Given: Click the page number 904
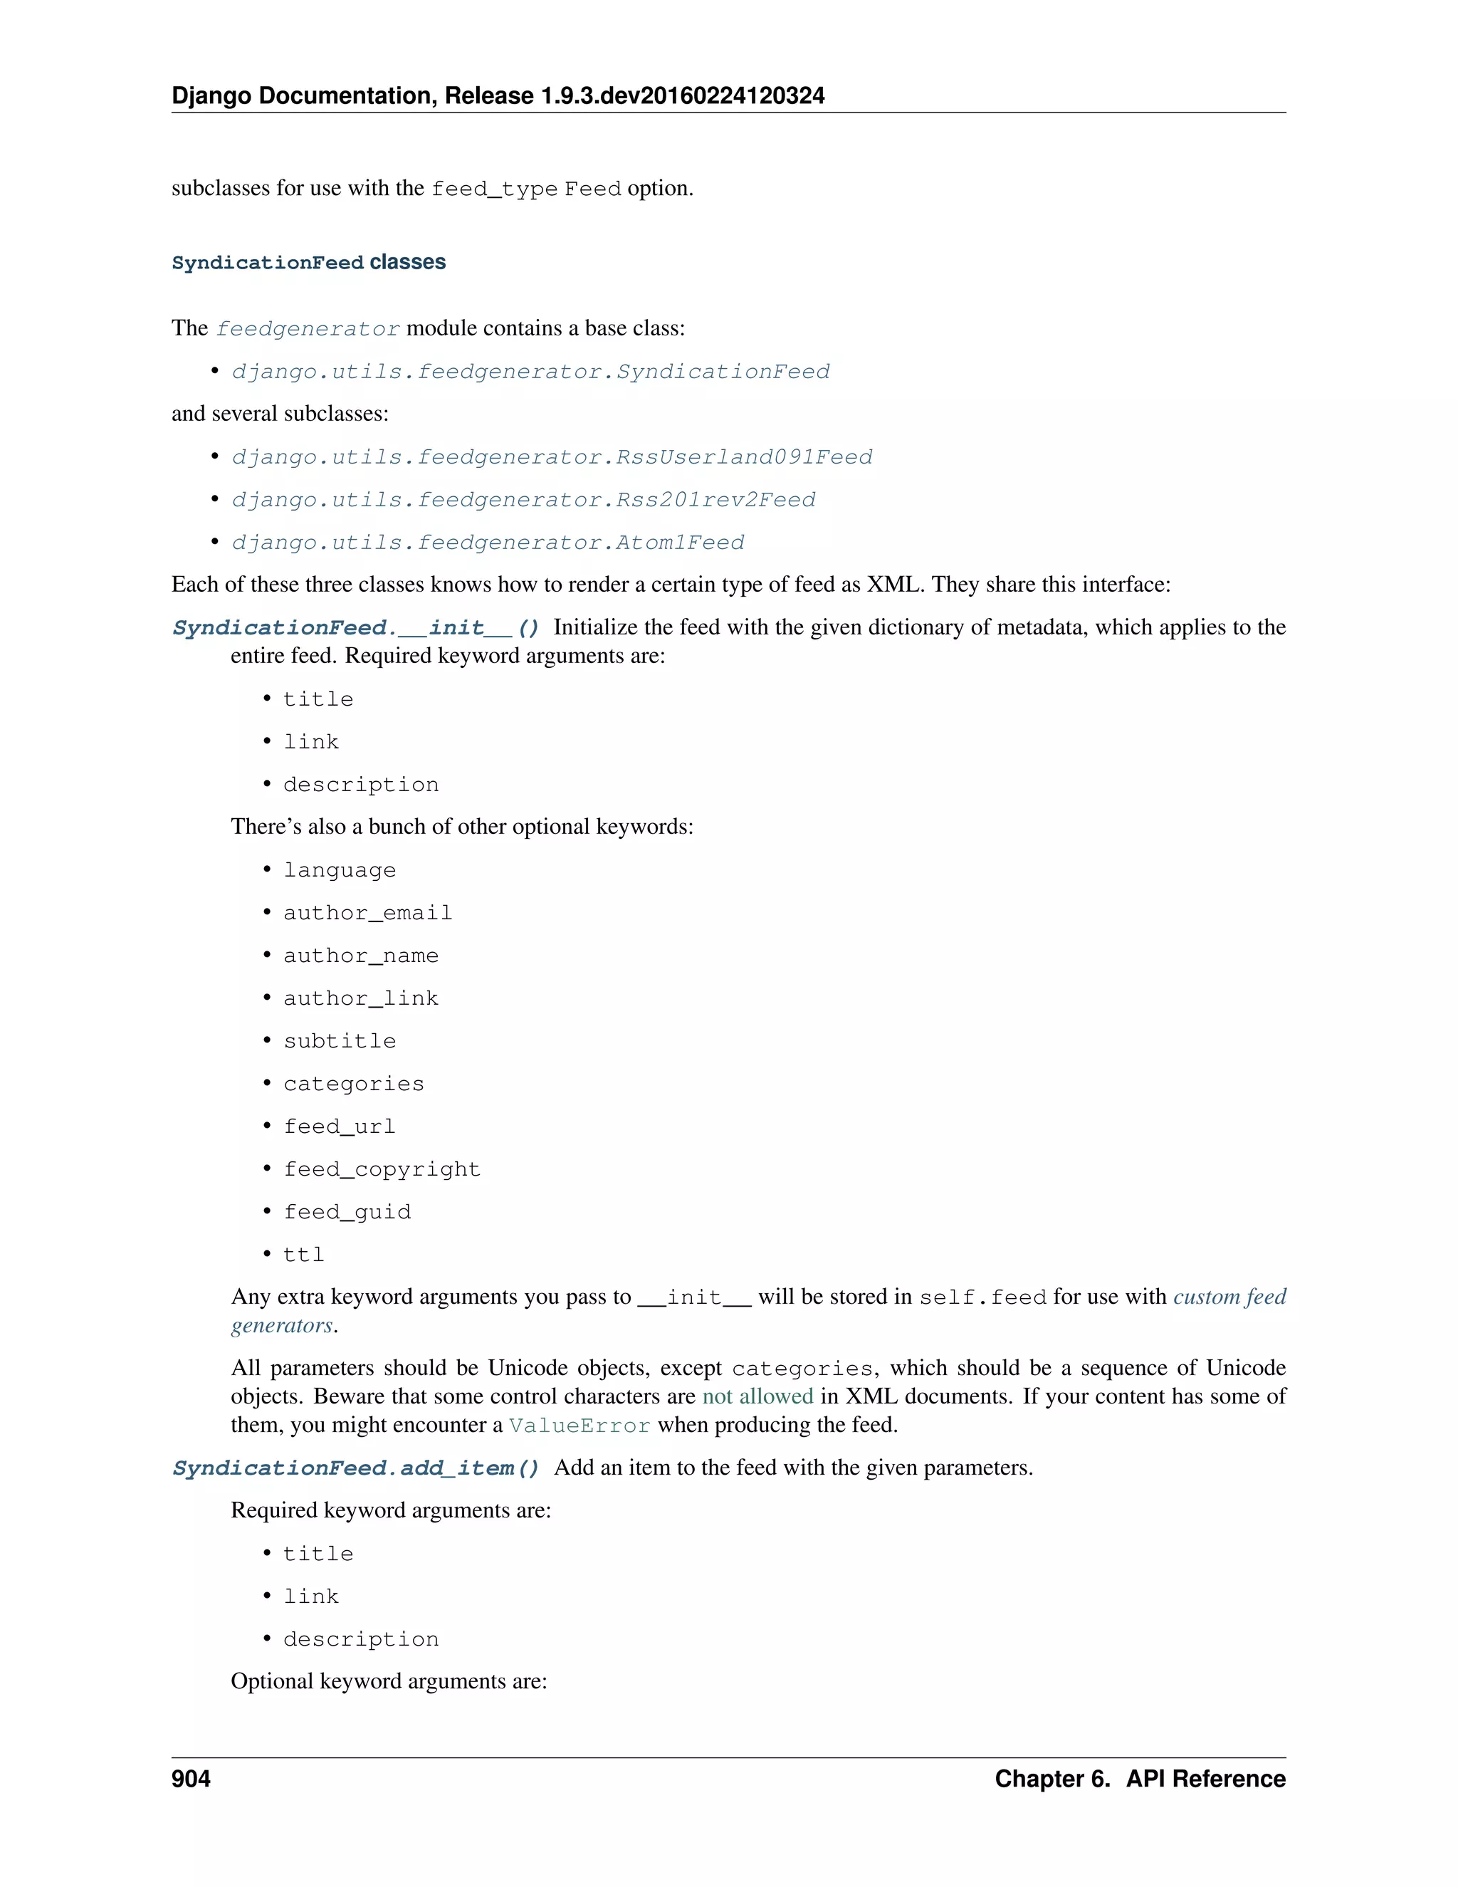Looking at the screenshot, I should tap(191, 1778).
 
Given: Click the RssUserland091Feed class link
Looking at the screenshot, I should tap(552, 457).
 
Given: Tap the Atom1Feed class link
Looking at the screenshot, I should tap(488, 543).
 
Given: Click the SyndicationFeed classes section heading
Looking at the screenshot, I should tap(308, 263).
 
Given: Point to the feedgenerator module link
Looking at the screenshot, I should tap(308, 329).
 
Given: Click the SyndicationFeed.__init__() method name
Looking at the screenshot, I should tap(356, 628).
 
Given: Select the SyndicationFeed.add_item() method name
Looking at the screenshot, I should tap(356, 1468).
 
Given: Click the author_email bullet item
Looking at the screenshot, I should tap(368, 914).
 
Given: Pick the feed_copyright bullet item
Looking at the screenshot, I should tap(382, 1170).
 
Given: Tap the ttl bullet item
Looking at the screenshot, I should tap(304, 1255).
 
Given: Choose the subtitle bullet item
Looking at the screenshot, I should tap(340, 1041).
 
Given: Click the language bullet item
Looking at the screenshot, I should tap(340, 870).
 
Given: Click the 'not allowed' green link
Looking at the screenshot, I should tap(757, 1396).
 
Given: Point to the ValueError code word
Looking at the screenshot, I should tap(579, 1426).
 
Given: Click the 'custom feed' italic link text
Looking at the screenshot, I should tap(1229, 1297).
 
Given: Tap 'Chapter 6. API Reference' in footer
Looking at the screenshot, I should tap(1139, 1778).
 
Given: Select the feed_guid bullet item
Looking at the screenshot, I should tap(347, 1212).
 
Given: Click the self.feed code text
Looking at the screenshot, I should tap(982, 1297).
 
